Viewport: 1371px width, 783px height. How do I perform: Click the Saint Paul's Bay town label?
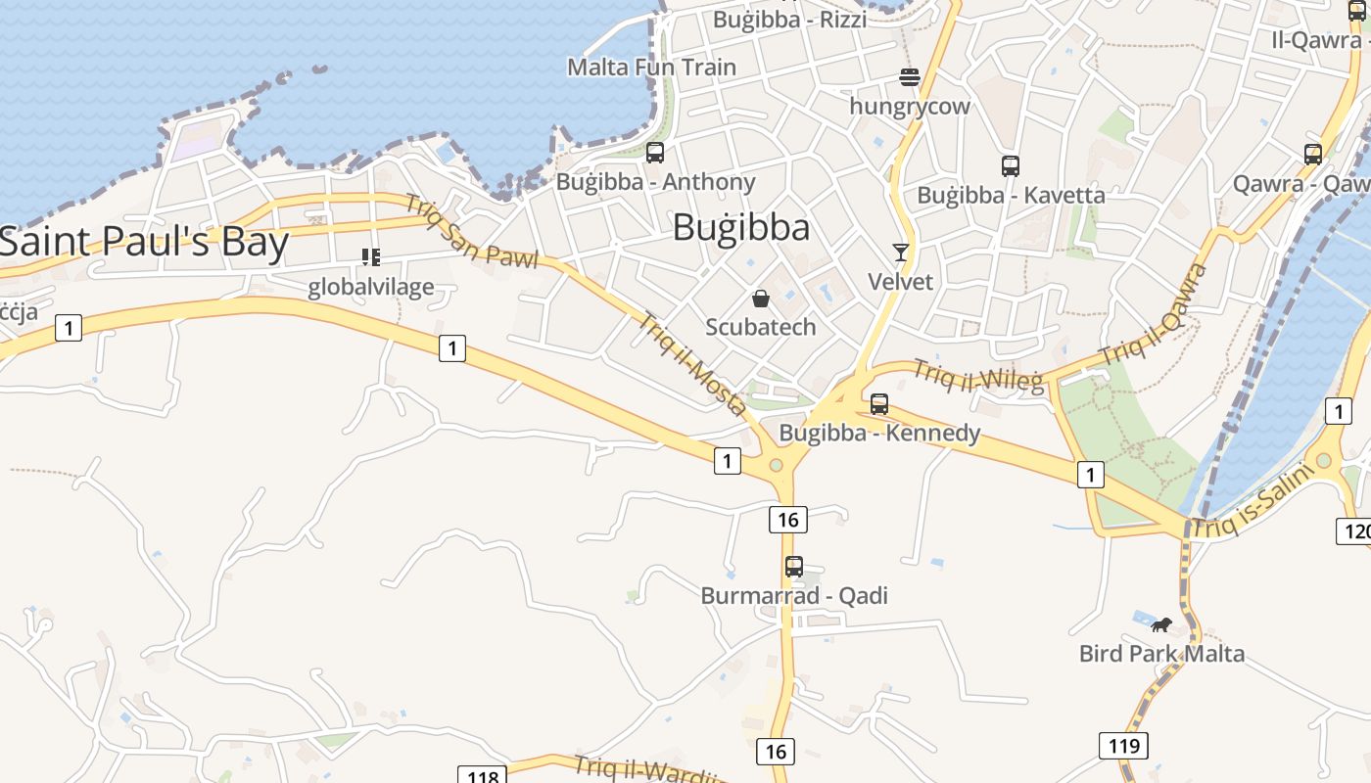pyautogui.click(x=145, y=243)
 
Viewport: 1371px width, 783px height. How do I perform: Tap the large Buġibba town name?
pyautogui.click(x=741, y=228)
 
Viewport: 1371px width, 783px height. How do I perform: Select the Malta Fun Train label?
pyautogui.click(x=651, y=68)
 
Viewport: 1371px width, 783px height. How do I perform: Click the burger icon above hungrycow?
pyautogui.click(x=910, y=77)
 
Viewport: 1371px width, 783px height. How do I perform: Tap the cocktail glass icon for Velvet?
pyautogui.click(x=901, y=253)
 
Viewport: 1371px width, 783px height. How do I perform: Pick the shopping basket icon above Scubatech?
pyautogui.click(x=761, y=298)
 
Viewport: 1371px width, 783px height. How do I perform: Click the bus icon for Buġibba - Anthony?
pyautogui.click(x=655, y=153)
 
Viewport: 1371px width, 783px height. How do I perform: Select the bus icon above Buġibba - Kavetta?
pyautogui.click(x=1011, y=166)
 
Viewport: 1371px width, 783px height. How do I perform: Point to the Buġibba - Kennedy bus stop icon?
pyautogui.click(x=879, y=403)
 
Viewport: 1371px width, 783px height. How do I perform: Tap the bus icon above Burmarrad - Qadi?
pyautogui.click(x=794, y=566)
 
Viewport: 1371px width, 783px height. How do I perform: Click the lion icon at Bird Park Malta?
pyautogui.click(x=1161, y=624)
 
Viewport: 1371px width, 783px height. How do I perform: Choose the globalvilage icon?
pyautogui.click(x=370, y=257)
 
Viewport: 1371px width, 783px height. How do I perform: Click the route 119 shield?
pyautogui.click(x=1123, y=746)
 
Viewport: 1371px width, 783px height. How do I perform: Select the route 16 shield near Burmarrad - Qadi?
pyautogui.click(x=788, y=519)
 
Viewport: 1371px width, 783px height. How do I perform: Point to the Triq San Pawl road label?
pyautogui.click(x=472, y=232)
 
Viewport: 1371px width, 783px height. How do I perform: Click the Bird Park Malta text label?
pyautogui.click(x=1161, y=654)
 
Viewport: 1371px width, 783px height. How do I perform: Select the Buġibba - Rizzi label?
pyautogui.click(x=789, y=19)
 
